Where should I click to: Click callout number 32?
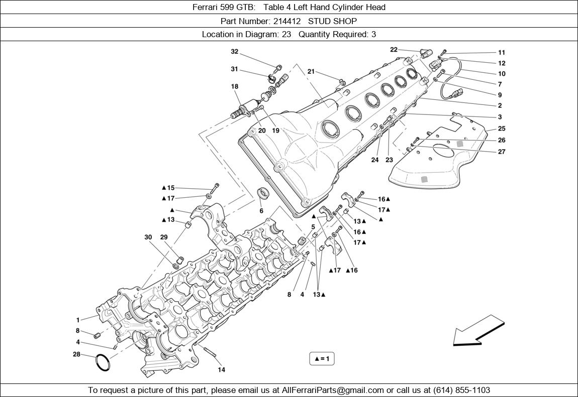(234, 52)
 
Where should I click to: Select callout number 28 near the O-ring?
(76, 354)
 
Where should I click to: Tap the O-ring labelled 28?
(102, 362)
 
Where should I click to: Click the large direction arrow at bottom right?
(478, 331)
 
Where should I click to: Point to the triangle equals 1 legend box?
(322, 359)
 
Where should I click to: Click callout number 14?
(221, 370)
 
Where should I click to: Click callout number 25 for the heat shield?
(501, 129)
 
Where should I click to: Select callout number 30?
(148, 237)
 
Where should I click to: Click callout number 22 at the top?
(394, 49)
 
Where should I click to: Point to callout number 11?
(501, 52)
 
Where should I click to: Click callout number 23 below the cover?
(389, 160)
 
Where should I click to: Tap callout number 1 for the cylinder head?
(78, 320)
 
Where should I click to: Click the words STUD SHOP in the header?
(332, 21)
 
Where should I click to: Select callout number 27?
(501, 152)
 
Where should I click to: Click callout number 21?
(311, 72)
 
